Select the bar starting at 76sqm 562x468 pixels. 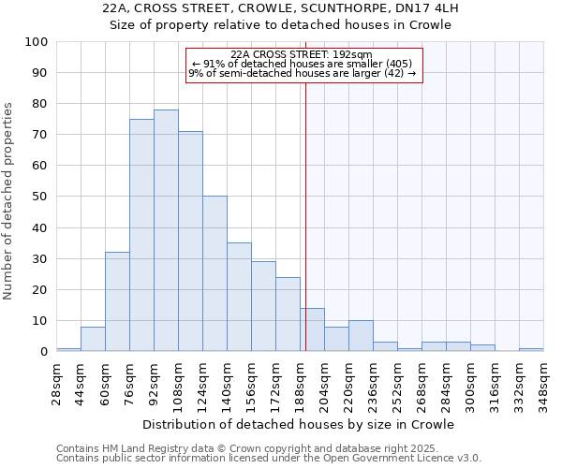(x=141, y=235)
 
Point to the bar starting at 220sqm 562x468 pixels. (x=361, y=336)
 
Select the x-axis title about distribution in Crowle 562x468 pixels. (x=300, y=424)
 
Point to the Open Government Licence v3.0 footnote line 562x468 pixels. (x=269, y=458)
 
